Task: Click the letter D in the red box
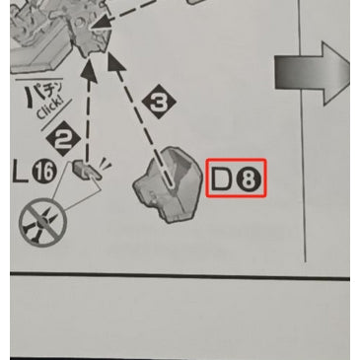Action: pyautogui.click(x=222, y=179)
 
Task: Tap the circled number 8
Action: pyautogui.click(x=249, y=179)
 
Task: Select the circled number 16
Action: pyautogui.click(x=44, y=172)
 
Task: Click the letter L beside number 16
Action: pyautogui.click(x=20, y=172)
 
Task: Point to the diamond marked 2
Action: pyautogui.click(x=63, y=138)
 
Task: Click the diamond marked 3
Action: pyautogui.click(x=159, y=102)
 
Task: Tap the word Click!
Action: pyautogui.click(x=49, y=107)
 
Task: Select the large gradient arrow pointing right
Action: pyautogui.click(x=312, y=73)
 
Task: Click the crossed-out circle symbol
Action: pyautogui.click(x=42, y=222)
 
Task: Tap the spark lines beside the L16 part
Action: pyautogui.click(x=105, y=164)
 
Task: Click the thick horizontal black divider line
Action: pyautogui.click(x=180, y=275)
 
